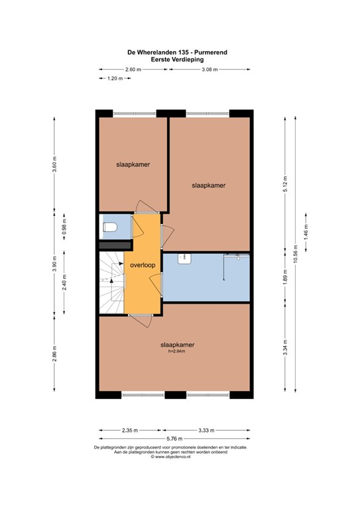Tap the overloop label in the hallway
(x=143, y=265)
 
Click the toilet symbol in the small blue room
(x=110, y=227)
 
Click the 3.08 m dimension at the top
(x=210, y=69)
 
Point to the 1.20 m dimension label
(x=115, y=79)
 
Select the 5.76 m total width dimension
(x=175, y=438)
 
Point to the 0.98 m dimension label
(x=64, y=227)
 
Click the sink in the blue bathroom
(x=185, y=259)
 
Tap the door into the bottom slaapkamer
(x=141, y=317)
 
